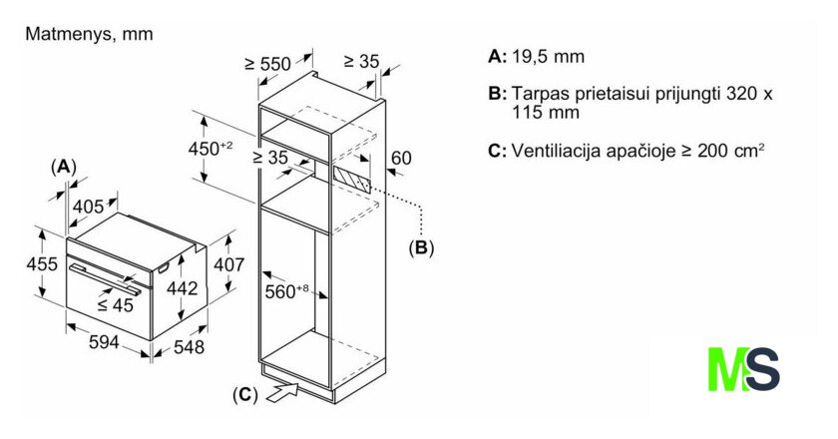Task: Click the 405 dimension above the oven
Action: (x=88, y=207)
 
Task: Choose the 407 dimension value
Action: (x=230, y=264)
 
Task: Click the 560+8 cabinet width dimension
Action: (x=289, y=291)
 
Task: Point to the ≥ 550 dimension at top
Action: (x=267, y=64)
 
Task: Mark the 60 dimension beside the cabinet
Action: (x=401, y=158)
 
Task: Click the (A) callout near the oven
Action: (x=63, y=166)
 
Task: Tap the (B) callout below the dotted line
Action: (x=421, y=247)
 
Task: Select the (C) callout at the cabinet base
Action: (x=244, y=395)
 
